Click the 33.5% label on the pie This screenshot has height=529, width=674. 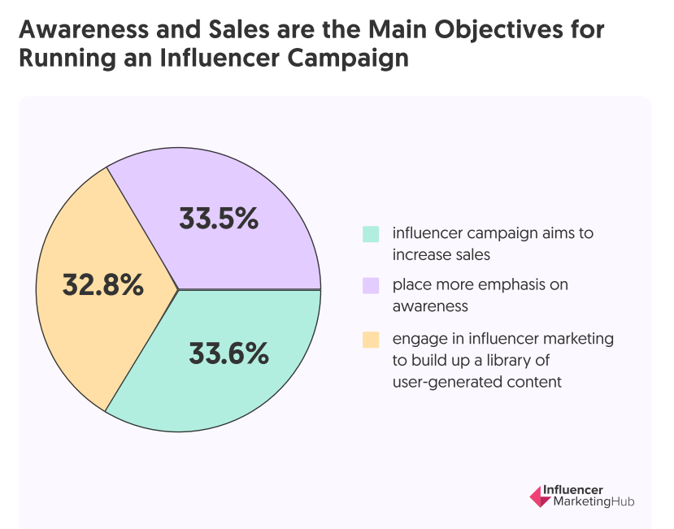click(x=219, y=219)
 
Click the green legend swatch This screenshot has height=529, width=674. click(x=371, y=234)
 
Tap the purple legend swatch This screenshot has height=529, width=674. click(x=371, y=285)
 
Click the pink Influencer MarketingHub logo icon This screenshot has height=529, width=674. click(x=538, y=496)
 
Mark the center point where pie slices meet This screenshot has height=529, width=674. click(x=178, y=288)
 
